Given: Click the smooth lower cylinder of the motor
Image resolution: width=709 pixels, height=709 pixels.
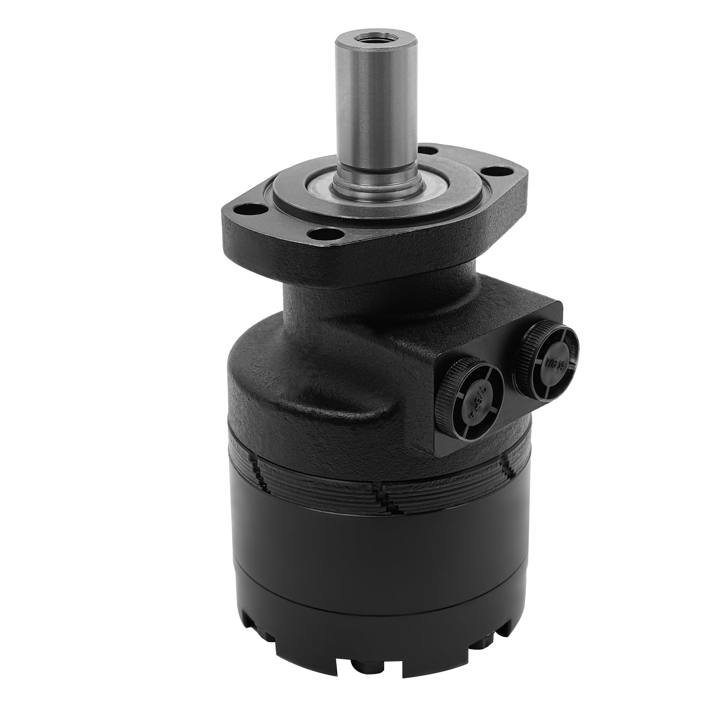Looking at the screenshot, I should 354,554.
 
